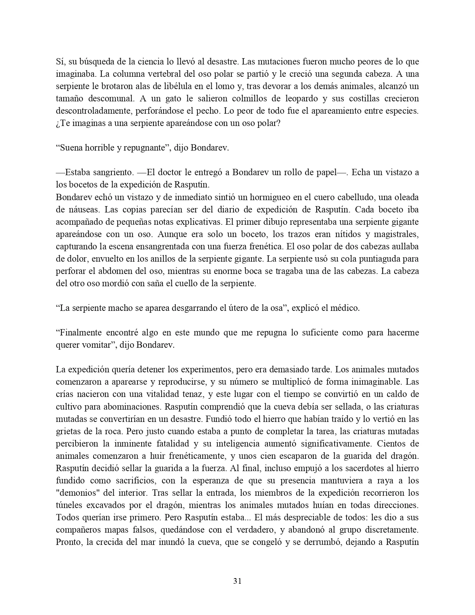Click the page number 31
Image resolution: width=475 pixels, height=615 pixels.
click(237, 581)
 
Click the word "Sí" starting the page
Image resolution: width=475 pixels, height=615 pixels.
click(60, 61)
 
